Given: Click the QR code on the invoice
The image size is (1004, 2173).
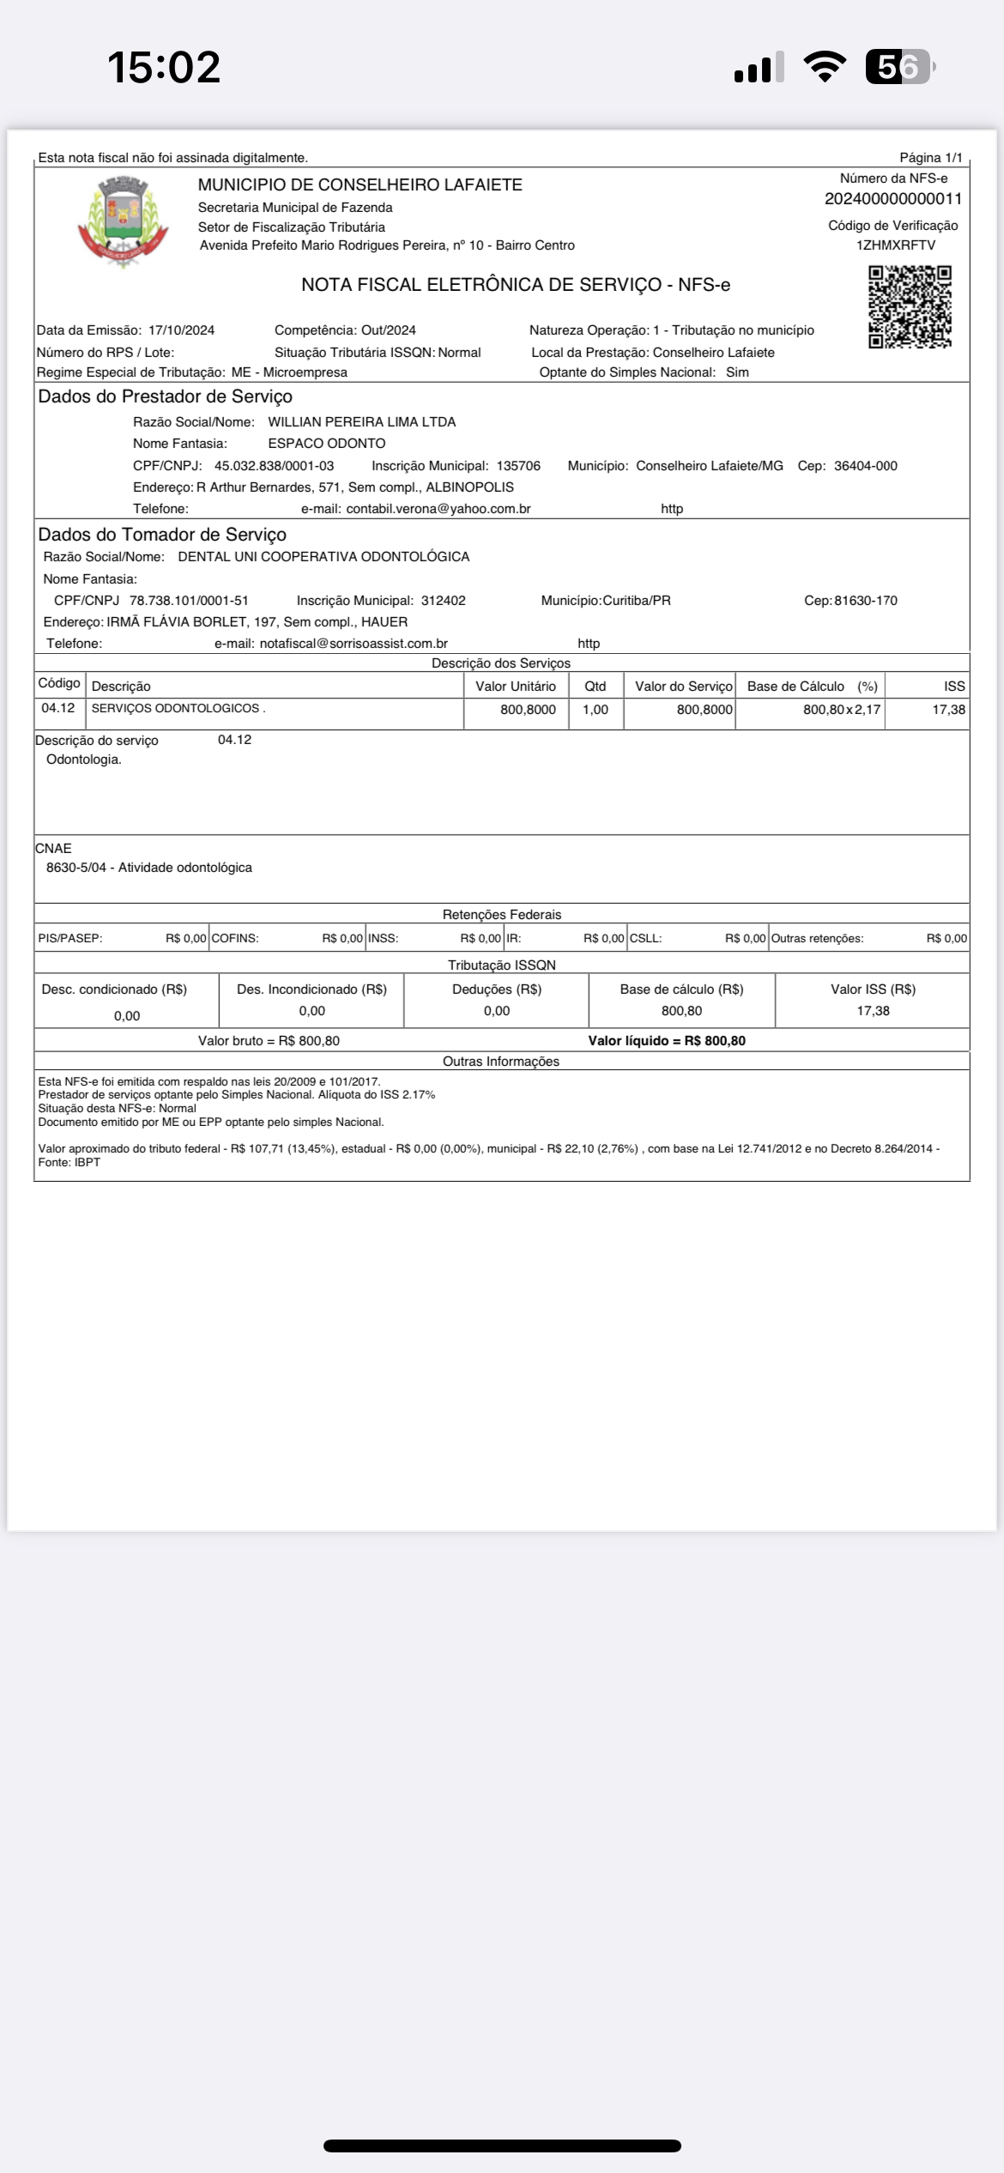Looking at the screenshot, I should [x=910, y=306].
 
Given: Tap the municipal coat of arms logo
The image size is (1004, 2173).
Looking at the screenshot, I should [x=123, y=221].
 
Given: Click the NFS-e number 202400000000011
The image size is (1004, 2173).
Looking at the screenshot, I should [x=892, y=199].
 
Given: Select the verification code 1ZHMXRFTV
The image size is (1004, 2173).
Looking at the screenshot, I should [x=895, y=245].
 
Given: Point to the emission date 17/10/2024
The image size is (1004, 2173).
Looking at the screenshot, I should [x=181, y=330].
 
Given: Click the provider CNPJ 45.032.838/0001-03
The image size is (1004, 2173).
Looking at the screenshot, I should [x=274, y=466].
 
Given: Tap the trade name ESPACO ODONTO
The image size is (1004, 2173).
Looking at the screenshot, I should [x=326, y=444].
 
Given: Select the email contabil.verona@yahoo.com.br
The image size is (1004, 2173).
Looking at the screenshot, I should [x=438, y=509].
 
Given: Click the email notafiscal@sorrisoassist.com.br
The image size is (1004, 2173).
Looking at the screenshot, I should [x=354, y=644].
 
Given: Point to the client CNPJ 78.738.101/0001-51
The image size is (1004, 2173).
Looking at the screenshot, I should [x=189, y=601].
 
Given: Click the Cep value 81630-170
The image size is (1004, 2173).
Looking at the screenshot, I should [x=865, y=601].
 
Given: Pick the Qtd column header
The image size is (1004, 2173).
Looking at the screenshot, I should [x=595, y=687].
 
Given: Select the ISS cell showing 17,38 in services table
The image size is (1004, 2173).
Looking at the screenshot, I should [x=948, y=710].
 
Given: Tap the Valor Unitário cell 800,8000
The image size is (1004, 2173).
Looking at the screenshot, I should [x=528, y=710].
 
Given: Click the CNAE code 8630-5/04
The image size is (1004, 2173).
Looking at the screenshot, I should [x=76, y=868].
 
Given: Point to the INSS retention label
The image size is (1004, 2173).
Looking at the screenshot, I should [x=383, y=939].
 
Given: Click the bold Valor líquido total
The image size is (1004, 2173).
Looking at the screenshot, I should [x=666, y=1041].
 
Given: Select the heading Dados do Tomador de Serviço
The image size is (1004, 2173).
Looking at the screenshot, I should [x=162, y=535].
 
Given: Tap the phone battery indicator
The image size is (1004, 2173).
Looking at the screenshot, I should [x=898, y=67].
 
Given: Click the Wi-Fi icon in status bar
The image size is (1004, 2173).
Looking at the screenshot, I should [x=824, y=67].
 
